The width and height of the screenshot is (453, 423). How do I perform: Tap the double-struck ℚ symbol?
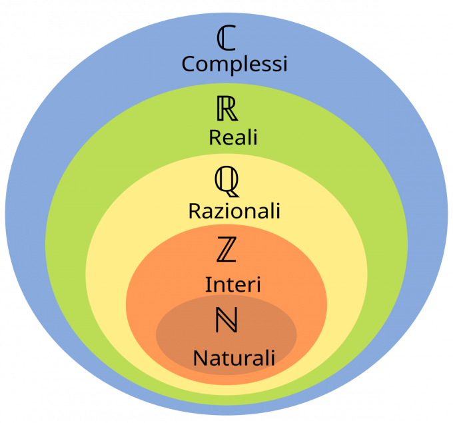(226, 180)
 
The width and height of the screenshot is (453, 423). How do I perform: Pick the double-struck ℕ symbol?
(226, 321)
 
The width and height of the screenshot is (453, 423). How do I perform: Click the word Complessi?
(234, 65)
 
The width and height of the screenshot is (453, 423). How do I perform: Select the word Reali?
(232, 137)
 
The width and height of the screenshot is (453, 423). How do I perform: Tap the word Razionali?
(234, 211)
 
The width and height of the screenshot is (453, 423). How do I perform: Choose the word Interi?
(232, 284)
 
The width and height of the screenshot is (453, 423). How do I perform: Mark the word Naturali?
(234, 358)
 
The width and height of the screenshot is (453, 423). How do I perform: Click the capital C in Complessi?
(189, 65)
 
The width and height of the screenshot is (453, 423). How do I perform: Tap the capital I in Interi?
(208, 284)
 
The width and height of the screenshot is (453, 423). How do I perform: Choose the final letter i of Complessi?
(284, 64)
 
